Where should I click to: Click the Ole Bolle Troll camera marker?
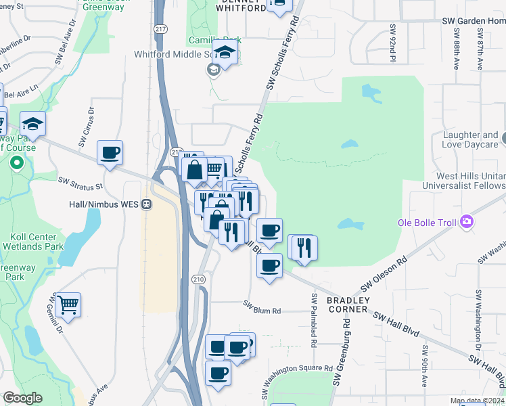[465, 222]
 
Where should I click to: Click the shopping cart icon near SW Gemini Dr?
[68, 305]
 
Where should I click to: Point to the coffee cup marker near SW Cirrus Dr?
[110, 153]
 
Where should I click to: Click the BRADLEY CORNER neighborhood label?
[348, 304]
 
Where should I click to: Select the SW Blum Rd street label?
[262, 311]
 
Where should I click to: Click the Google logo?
[22, 398]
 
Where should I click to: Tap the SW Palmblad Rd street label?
[315, 320]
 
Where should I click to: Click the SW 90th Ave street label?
[424, 366]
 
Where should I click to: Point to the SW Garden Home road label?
[474, 21]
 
